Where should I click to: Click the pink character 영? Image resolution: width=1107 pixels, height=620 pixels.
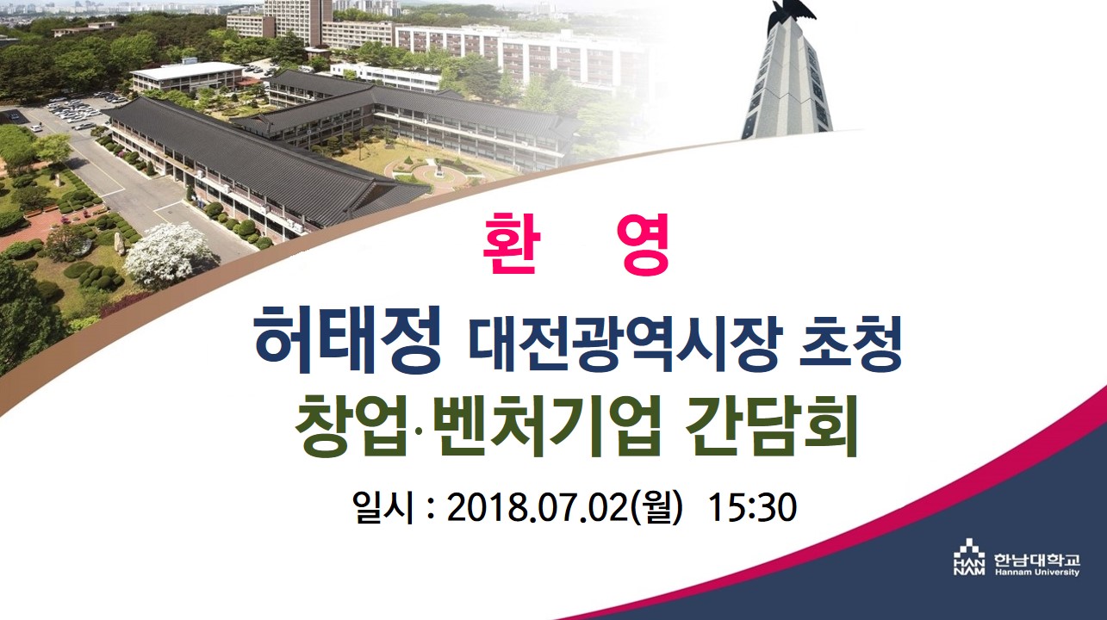pyautogui.click(x=646, y=244)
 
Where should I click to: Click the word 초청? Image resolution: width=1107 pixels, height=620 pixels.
pyautogui.click(x=851, y=343)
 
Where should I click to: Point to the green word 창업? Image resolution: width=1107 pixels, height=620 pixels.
pyautogui.click(x=351, y=426)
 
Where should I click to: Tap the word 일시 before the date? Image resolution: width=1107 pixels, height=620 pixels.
pyautogui.click(x=382, y=507)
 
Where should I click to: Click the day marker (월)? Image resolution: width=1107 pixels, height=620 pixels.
pyautogui.click(x=656, y=507)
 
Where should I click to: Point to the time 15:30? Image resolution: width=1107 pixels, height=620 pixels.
pyautogui.click(x=752, y=507)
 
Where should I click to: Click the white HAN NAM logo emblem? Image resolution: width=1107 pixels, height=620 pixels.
pyautogui.click(x=969, y=557)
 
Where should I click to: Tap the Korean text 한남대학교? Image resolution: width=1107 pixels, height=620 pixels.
pyautogui.click(x=1037, y=561)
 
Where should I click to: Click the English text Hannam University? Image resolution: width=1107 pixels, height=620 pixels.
pyautogui.click(x=1037, y=573)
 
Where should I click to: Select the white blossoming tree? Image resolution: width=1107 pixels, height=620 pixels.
pyautogui.click(x=168, y=254)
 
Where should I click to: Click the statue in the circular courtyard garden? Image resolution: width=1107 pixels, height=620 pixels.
pyautogui.click(x=438, y=169)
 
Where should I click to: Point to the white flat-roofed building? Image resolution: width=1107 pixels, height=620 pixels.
pyautogui.click(x=188, y=77)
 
